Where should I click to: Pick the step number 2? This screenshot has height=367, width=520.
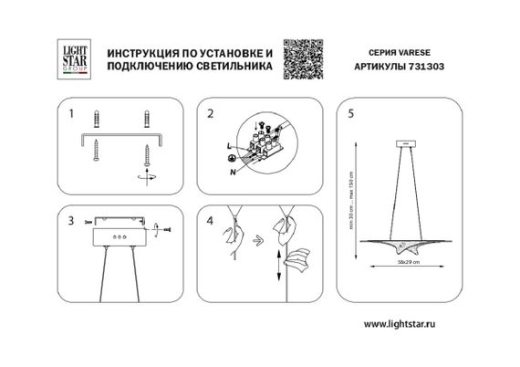tap(211, 115)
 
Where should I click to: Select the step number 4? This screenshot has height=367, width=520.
tap(211, 221)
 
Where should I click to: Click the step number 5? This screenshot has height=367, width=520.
tap(351, 115)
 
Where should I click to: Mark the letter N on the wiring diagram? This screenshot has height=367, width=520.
tap(234, 170)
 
